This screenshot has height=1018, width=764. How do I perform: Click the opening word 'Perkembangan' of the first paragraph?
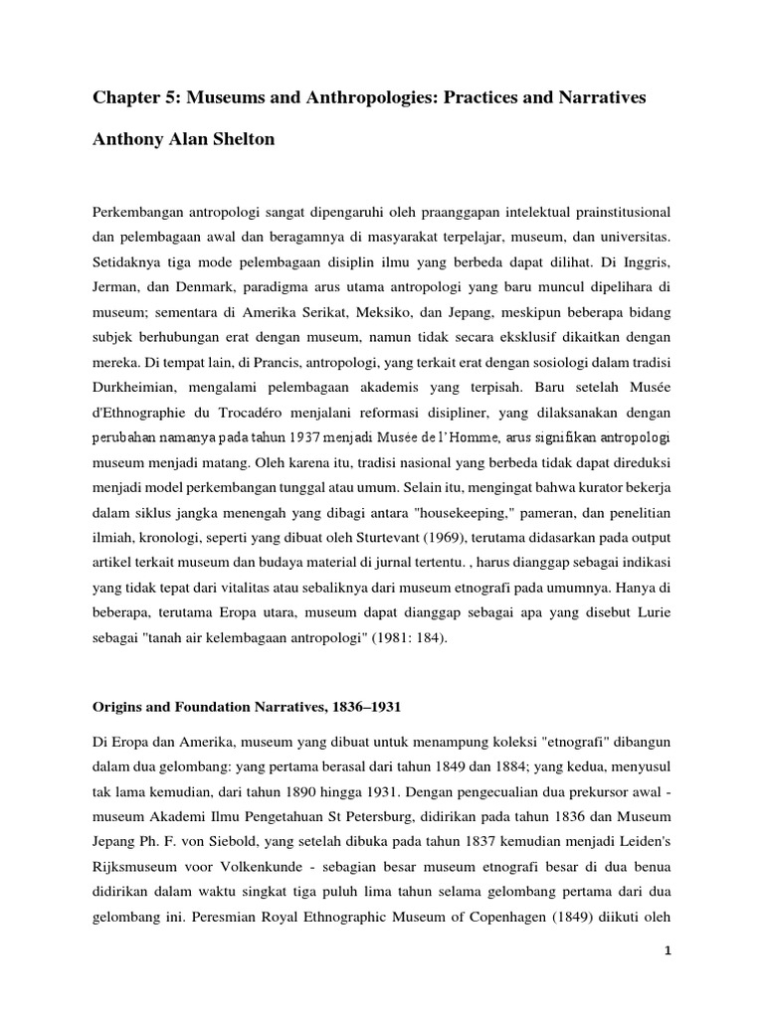coord(142,214)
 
